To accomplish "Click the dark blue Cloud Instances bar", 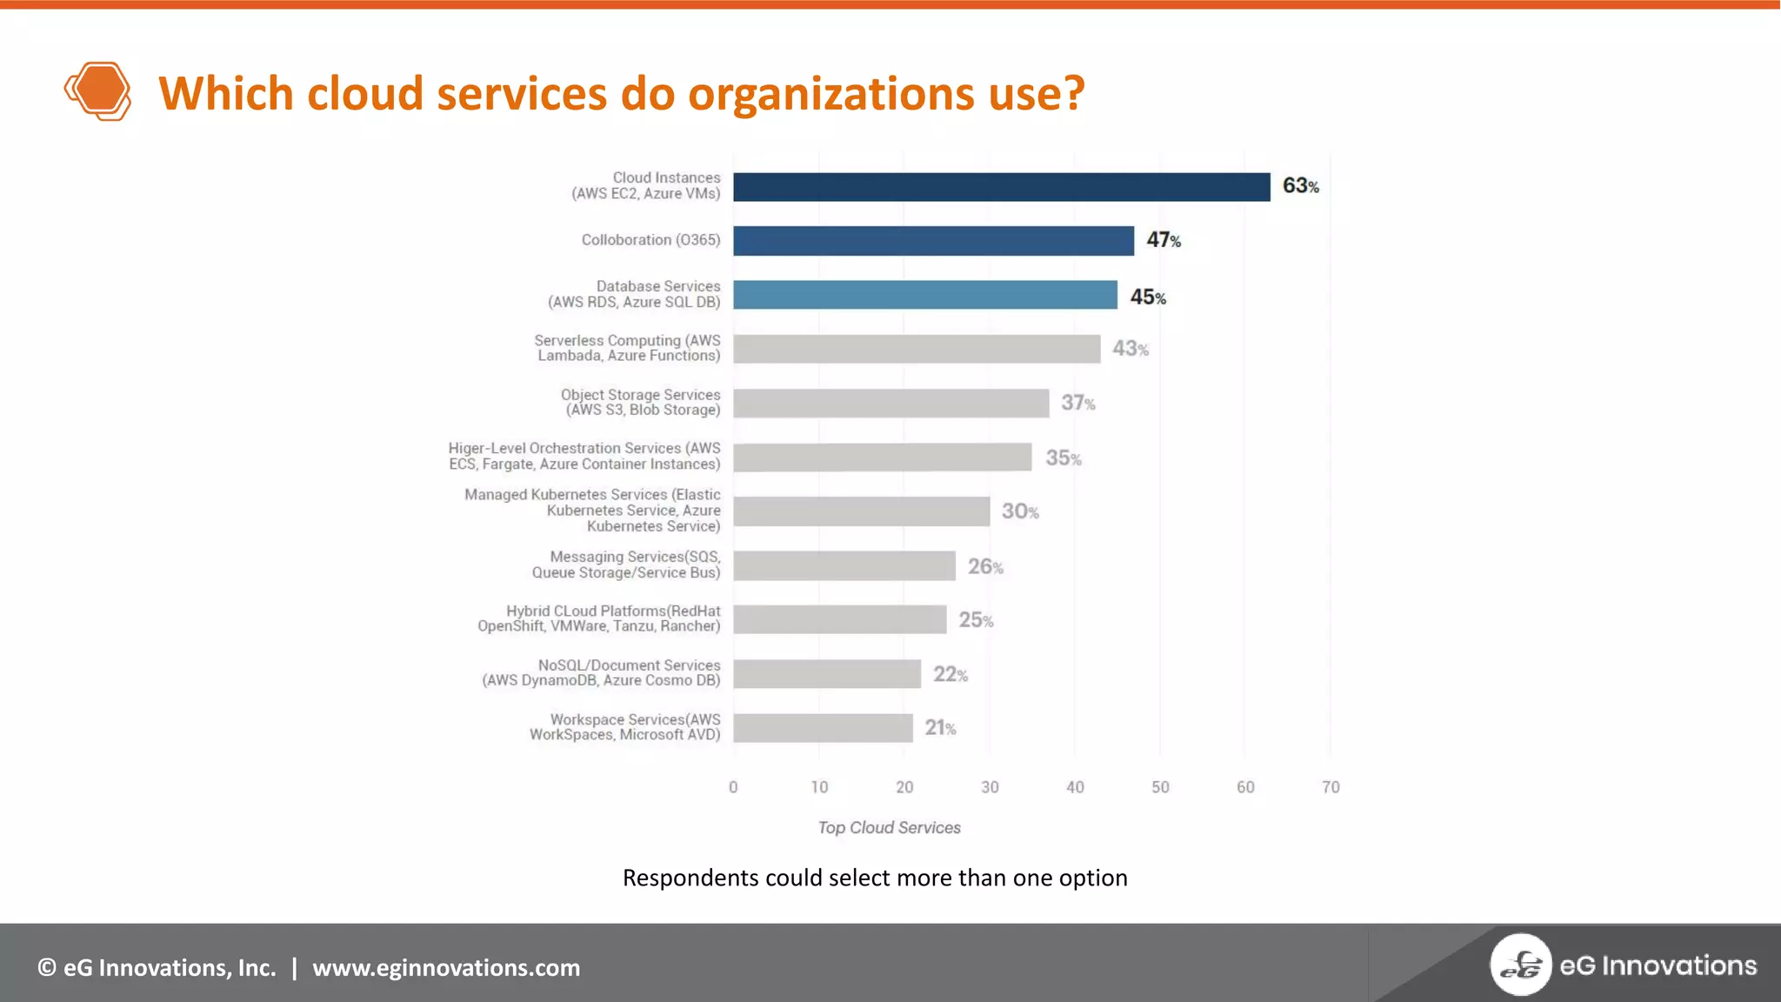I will coord(1001,187).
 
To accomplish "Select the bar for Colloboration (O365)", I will coord(933,241).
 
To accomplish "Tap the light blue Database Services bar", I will coord(924,295).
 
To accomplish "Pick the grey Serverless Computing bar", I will coord(916,349).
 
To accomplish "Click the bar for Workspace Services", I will coord(823,728).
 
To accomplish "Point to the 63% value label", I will coord(1300,186).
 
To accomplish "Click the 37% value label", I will coord(1077,403).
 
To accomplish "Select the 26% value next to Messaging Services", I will coord(985,567).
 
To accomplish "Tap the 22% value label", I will coord(950,674).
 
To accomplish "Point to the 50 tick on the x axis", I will coord(1160,787).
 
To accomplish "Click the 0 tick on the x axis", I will coord(733,787).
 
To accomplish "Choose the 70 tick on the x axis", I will coord(1331,787).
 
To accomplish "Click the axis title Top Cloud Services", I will coord(889,828).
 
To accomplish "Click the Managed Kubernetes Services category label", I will coord(593,511).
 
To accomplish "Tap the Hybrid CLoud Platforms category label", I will coord(599,618).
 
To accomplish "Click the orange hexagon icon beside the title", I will coord(98,90).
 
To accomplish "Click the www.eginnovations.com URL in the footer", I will coord(446,968).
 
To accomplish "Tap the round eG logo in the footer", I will coord(1520,965).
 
